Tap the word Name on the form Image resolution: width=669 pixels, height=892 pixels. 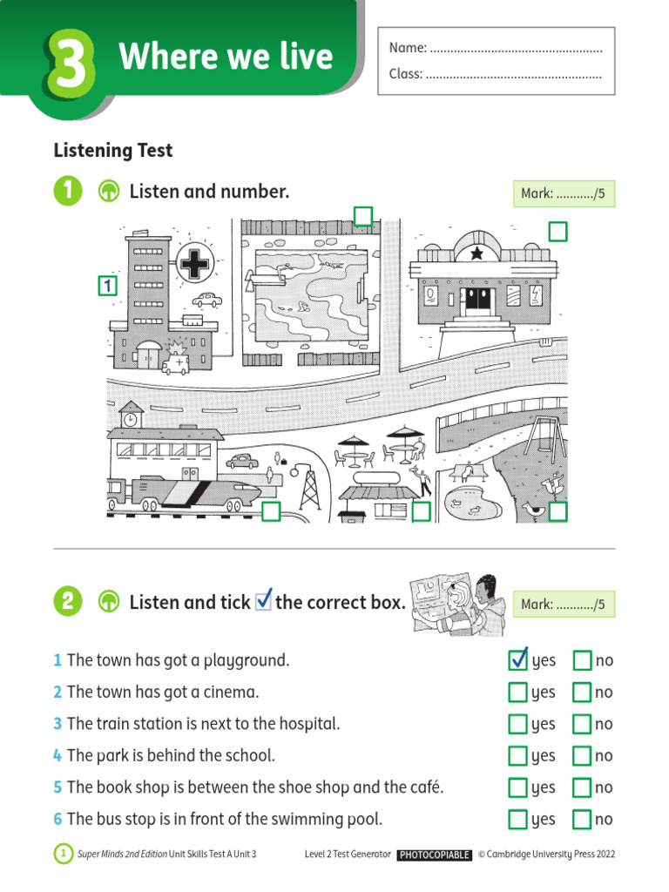click(407, 48)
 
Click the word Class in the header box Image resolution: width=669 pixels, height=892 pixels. click(405, 74)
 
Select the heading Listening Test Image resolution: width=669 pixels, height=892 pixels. click(113, 151)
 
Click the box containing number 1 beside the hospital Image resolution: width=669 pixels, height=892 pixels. click(107, 285)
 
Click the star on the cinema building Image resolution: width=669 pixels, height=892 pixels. click(476, 253)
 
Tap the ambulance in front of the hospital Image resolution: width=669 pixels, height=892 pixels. click(174, 362)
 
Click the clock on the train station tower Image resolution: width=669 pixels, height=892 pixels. click(131, 418)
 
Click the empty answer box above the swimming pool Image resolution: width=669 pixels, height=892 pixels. click(362, 216)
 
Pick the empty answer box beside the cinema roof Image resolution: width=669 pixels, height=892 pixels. click(557, 232)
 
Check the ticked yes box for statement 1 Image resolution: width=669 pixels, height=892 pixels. click(518, 660)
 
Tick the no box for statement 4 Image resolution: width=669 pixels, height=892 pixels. click(582, 755)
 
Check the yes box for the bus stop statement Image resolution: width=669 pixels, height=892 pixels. click(518, 819)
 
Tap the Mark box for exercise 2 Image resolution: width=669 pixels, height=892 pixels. click(564, 604)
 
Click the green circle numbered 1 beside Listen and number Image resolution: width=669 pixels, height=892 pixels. click(67, 192)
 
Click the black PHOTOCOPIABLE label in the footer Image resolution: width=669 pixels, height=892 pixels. click(435, 855)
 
